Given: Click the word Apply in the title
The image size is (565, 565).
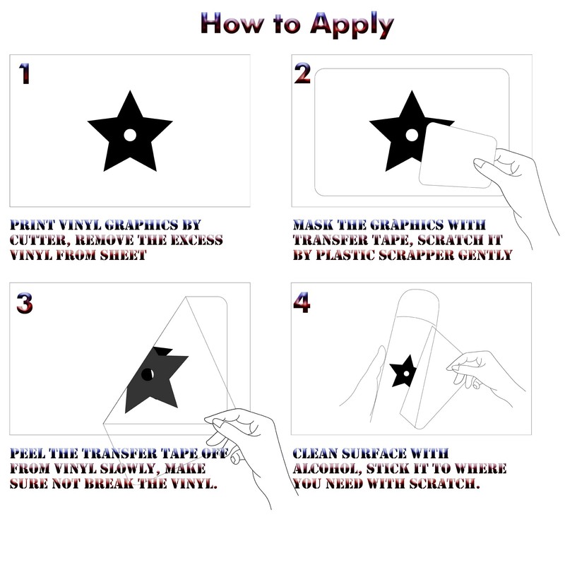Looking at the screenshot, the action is (352, 25).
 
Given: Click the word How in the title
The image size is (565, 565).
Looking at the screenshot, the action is (232, 23).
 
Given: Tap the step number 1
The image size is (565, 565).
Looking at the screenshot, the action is (24, 74).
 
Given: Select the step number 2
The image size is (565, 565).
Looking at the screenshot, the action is (302, 73).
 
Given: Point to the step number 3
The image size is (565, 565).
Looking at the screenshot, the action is (25, 303).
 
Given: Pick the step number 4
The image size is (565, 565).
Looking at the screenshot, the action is (302, 302).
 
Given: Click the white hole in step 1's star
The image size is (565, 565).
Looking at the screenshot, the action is (130, 135).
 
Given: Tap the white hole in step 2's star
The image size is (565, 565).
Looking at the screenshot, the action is (412, 135).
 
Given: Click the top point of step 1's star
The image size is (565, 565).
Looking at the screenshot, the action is (130, 91).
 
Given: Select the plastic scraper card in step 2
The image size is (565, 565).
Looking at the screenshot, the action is (458, 155).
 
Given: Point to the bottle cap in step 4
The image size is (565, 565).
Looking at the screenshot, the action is (418, 304).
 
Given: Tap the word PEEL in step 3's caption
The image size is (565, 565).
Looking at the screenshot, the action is (28, 453).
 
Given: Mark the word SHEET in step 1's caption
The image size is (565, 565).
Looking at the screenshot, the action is (123, 255).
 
